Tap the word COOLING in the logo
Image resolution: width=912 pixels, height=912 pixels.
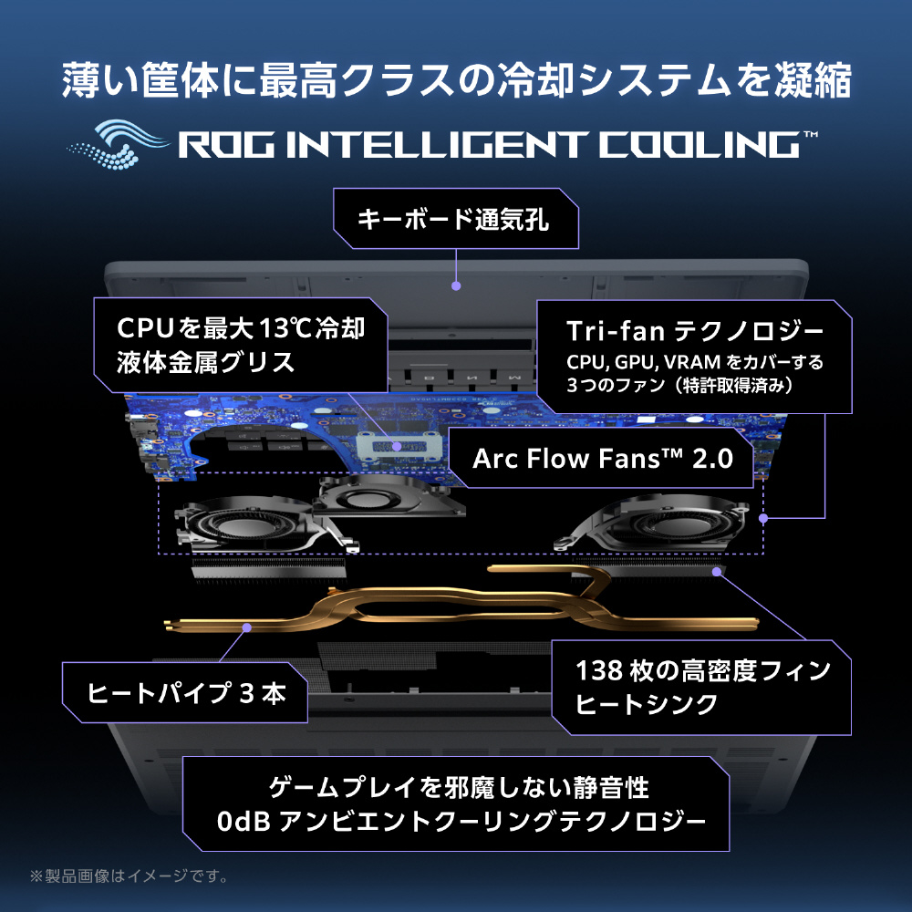[700, 145]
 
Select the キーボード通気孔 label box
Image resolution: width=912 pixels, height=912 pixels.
[455, 219]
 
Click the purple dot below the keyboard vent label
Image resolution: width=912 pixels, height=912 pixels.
[456, 285]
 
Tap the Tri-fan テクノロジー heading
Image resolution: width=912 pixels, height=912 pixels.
[694, 331]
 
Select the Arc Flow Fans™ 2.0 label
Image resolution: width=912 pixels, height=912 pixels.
[603, 459]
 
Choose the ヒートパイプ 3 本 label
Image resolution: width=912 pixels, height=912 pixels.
[185, 693]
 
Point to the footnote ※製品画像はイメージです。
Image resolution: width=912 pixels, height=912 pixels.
[130, 876]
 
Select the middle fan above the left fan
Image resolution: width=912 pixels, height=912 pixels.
[389, 497]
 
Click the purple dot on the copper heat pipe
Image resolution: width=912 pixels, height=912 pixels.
[246, 627]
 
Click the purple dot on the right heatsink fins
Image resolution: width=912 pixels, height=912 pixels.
[717, 572]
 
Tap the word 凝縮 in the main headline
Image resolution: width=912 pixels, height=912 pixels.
[813, 80]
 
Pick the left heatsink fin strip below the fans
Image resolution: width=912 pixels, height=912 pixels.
[268, 568]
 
